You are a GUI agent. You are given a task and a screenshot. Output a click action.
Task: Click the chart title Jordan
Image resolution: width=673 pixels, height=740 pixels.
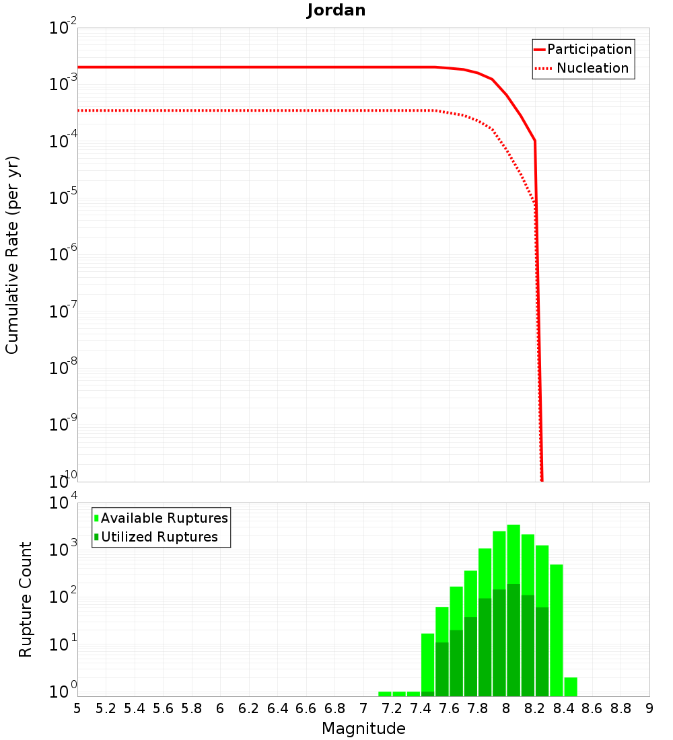(x=336, y=10)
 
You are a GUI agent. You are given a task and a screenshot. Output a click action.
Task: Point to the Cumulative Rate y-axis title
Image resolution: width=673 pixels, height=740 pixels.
(x=12, y=254)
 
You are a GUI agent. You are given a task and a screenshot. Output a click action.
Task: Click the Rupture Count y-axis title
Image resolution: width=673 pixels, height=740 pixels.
(x=26, y=599)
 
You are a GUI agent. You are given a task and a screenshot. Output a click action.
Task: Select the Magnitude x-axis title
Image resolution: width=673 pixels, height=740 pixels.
(x=363, y=729)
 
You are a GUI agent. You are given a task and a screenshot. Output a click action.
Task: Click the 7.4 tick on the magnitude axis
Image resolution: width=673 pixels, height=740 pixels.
(x=421, y=708)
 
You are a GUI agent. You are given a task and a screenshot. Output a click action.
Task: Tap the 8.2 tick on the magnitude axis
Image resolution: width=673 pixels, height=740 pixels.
(x=535, y=708)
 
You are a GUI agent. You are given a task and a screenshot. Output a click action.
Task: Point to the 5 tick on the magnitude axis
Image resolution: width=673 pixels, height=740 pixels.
(x=77, y=708)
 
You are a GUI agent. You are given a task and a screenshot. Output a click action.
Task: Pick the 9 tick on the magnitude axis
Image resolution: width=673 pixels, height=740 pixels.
(x=649, y=708)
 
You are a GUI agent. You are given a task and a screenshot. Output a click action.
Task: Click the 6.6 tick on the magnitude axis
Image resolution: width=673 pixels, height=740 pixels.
(x=306, y=708)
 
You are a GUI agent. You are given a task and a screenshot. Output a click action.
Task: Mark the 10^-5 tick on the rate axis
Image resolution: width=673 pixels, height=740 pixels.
(x=63, y=198)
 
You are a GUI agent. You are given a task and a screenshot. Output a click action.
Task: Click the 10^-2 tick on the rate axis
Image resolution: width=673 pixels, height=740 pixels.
(x=63, y=29)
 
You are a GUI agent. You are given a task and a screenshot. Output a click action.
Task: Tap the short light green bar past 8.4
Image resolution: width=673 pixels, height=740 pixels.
(x=571, y=686)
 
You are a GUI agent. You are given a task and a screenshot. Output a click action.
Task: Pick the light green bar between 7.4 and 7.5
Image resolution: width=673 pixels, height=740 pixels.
(x=427, y=663)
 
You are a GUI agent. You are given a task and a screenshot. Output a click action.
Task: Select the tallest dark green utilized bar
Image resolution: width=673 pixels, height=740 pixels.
(x=513, y=639)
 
